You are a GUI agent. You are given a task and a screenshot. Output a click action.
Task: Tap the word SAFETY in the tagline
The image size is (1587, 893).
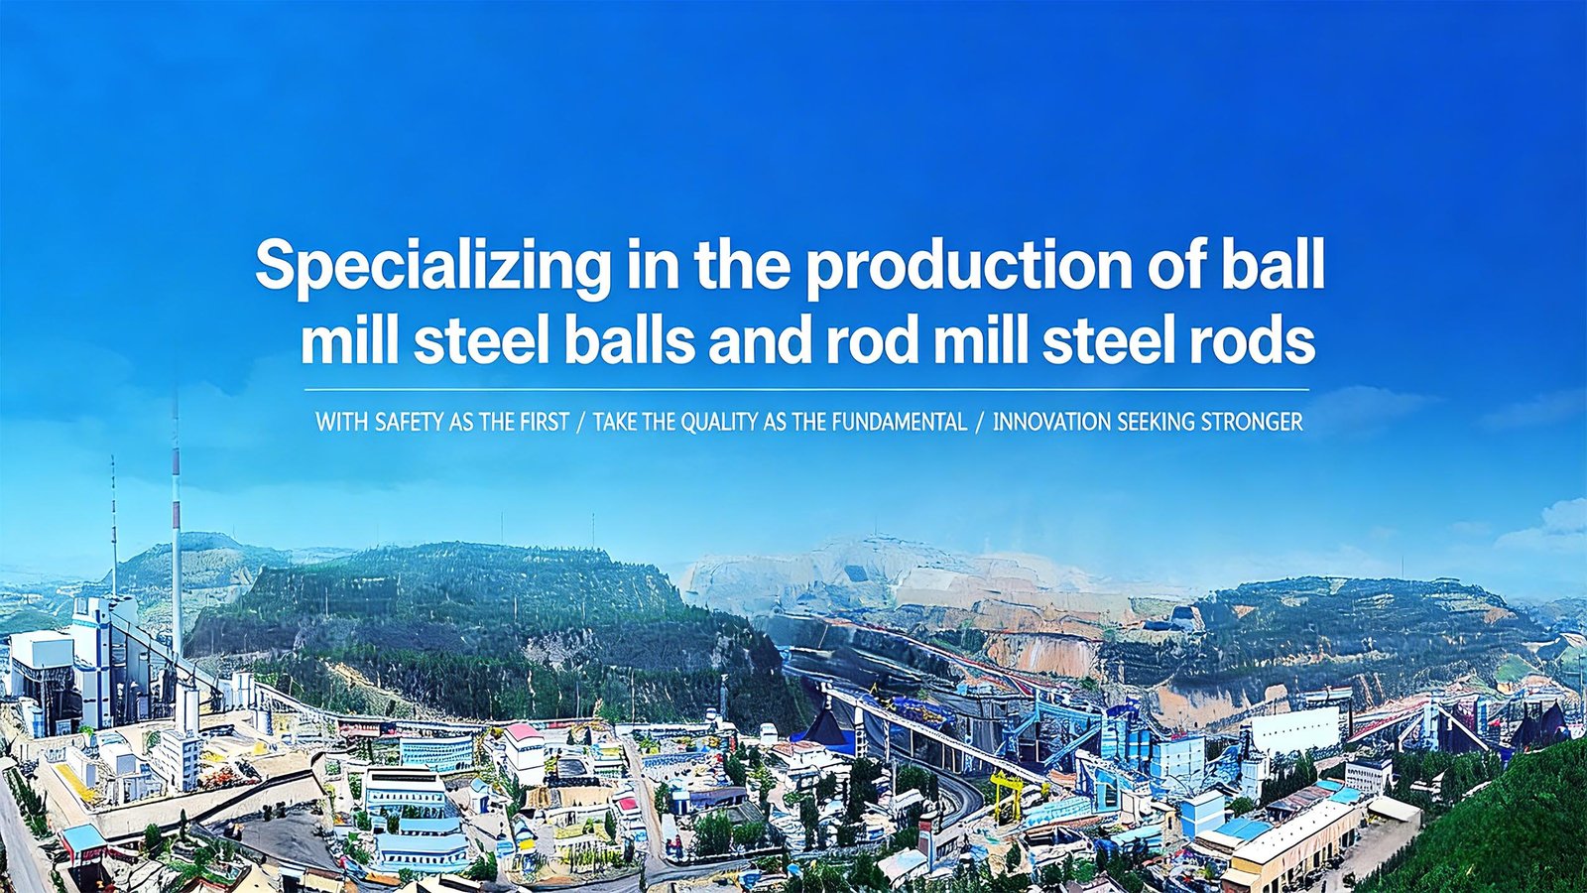coord(411,423)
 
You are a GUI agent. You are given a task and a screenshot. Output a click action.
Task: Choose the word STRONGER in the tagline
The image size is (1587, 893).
coord(1252,423)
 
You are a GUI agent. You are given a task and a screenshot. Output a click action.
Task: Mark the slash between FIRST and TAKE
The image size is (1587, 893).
coord(581,423)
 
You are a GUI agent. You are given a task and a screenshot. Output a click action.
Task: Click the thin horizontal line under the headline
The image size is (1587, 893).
coord(807,390)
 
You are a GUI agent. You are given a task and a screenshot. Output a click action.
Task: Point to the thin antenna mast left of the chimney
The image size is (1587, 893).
coord(113,526)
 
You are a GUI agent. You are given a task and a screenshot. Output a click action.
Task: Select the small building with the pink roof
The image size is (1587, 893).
coord(524,753)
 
